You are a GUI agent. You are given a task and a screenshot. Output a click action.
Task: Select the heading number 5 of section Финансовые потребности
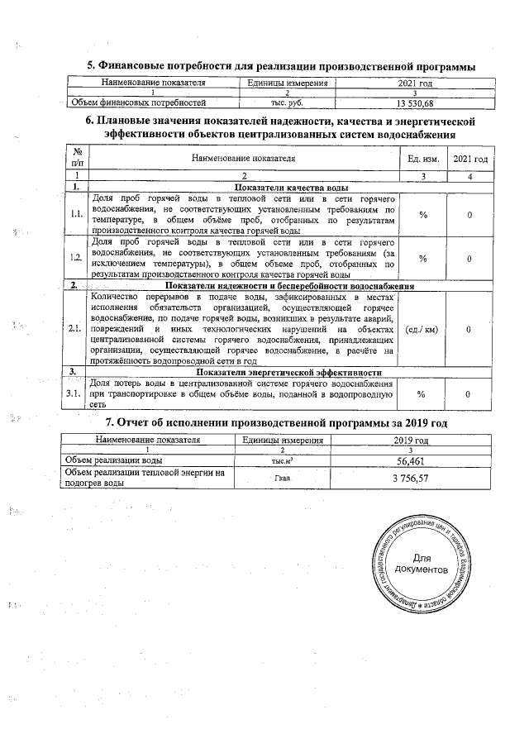[91, 65]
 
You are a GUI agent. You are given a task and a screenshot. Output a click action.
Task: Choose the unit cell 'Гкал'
[283, 479]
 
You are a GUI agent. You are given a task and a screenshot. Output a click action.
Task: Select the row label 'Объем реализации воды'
[113, 460]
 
